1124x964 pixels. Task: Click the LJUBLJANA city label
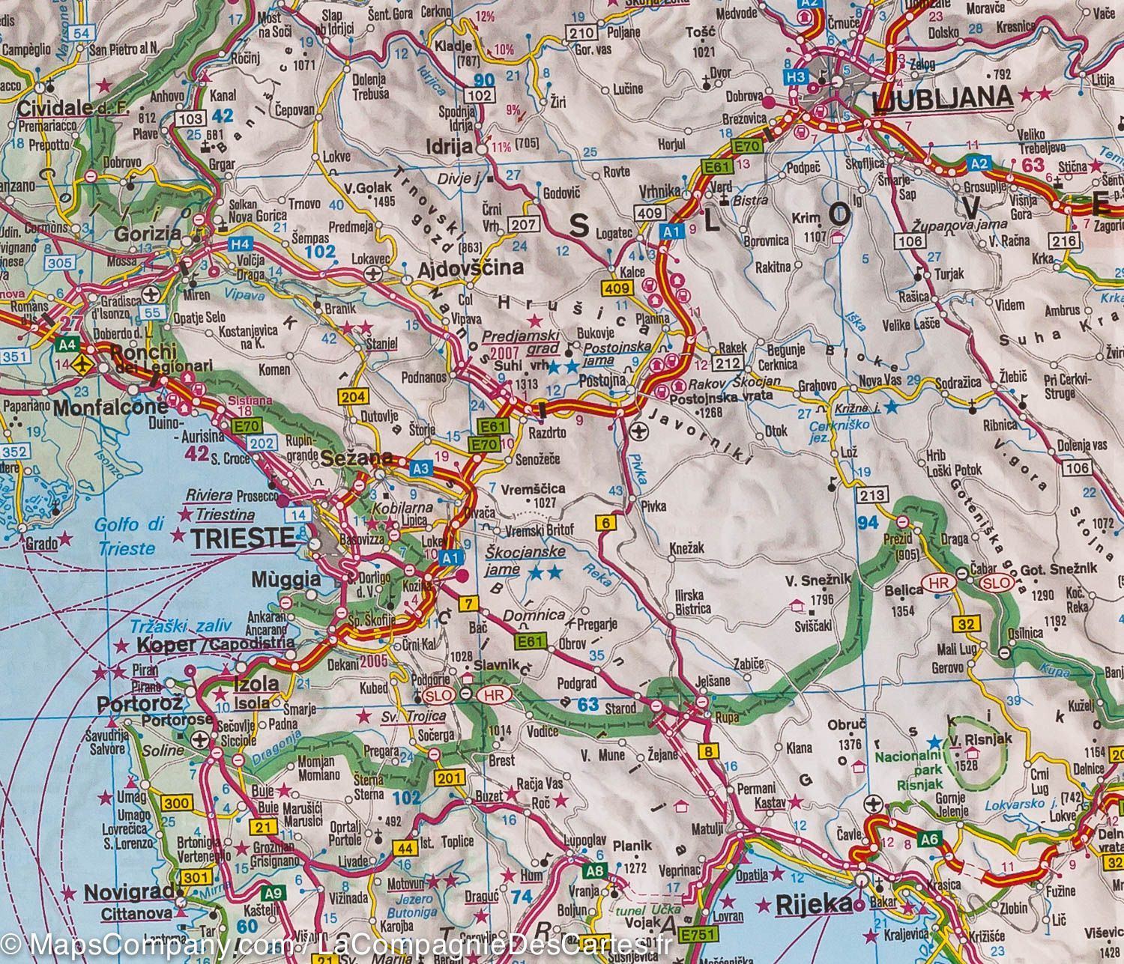pos(943,97)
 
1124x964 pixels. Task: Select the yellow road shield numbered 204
pos(352,398)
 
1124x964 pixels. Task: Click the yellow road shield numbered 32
pos(966,623)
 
